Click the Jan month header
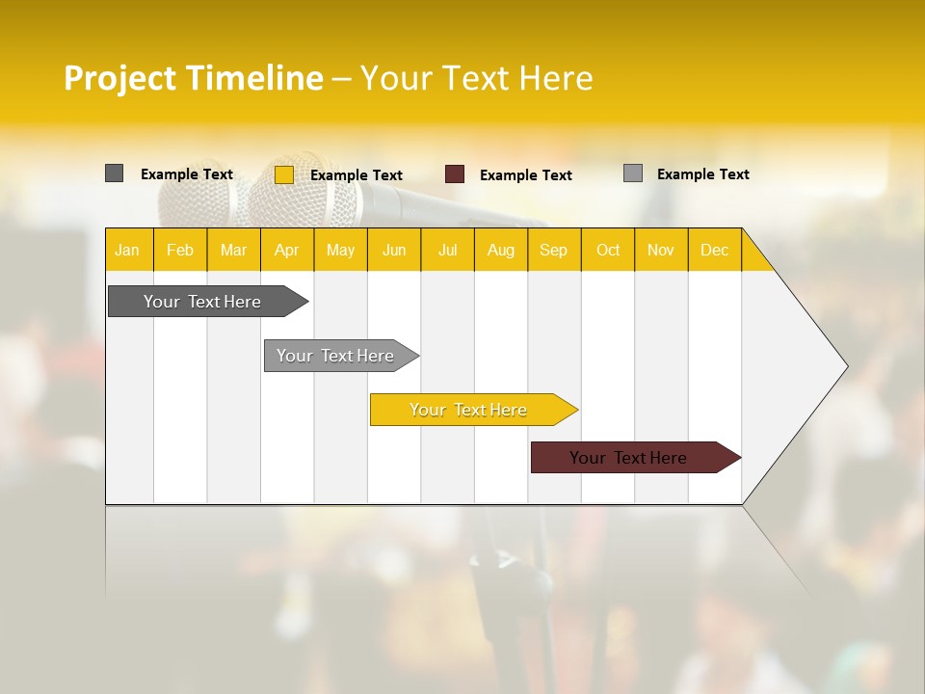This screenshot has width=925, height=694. point(128,250)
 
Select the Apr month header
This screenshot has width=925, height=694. point(287,250)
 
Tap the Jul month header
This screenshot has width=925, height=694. point(447,250)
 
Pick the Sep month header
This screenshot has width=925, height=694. point(554,250)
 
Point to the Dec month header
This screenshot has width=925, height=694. point(714,250)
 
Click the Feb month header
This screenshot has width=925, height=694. point(180,250)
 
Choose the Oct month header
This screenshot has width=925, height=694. point(608,250)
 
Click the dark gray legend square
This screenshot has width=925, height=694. point(115,173)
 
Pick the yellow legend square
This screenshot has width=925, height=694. point(284,174)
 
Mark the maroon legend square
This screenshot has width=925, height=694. point(455,174)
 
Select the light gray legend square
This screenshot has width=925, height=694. point(633,173)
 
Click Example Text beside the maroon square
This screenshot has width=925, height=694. point(526,175)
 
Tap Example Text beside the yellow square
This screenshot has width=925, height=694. point(357,175)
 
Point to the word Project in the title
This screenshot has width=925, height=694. point(120,78)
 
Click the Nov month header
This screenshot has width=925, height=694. point(661,250)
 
